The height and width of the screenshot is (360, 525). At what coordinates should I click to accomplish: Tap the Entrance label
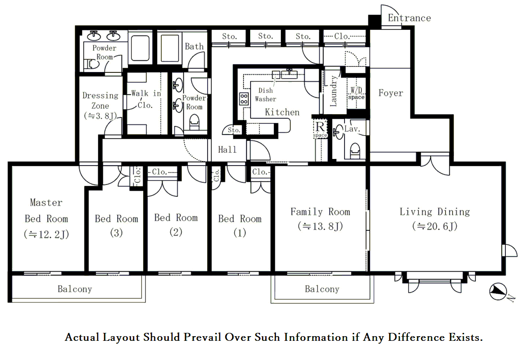pos(409,18)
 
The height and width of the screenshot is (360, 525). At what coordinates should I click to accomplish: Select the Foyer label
pos(391,93)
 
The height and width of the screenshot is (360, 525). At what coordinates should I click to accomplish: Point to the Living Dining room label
pos(435,212)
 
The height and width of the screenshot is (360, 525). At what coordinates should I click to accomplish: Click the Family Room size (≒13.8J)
pos(320,226)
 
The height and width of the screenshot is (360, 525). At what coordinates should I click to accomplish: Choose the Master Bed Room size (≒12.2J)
pos(46,234)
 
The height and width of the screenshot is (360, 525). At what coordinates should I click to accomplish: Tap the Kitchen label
pos(282,112)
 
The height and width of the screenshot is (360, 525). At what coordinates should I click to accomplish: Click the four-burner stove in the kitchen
pos(244,99)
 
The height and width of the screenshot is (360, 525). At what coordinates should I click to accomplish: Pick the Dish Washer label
pos(266,95)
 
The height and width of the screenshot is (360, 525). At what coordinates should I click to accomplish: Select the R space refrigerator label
pos(320,129)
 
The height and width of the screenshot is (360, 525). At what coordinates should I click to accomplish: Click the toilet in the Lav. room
pos(355,151)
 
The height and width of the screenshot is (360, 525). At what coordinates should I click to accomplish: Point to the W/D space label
pos(356,94)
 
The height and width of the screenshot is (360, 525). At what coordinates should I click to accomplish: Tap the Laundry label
pos(333,91)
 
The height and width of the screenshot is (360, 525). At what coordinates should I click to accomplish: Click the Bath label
pos(194,46)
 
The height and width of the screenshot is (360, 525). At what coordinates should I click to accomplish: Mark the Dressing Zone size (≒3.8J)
pos(101,116)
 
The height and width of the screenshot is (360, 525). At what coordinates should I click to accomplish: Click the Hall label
pos(227,149)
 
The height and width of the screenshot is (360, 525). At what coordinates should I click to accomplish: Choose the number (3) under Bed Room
pos(116,233)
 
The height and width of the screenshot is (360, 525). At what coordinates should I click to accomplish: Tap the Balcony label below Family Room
pos(322,289)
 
